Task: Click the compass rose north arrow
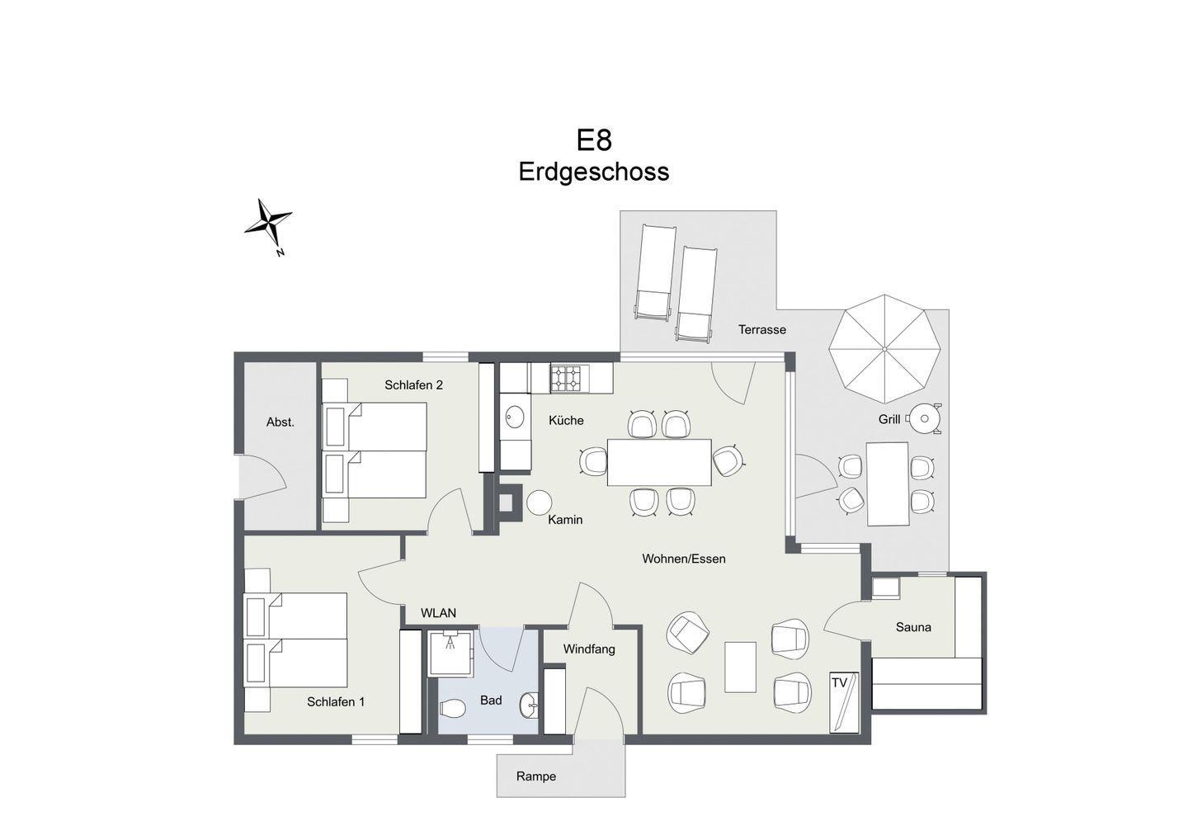click(x=268, y=224)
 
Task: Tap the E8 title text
click(x=594, y=140)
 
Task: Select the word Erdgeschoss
click(x=593, y=172)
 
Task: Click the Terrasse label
click(x=762, y=329)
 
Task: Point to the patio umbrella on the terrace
click(x=884, y=349)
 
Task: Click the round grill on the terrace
click(x=924, y=419)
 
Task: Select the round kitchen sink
click(x=515, y=417)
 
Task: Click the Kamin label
click(x=565, y=520)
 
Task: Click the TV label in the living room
click(x=840, y=682)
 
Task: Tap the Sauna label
click(x=913, y=627)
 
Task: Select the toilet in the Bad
click(x=452, y=707)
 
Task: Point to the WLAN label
click(x=439, y=613)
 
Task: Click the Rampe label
click(x=536, y=776)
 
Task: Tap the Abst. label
click(x=280, y=422)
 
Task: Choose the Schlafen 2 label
click(x=413, y=385)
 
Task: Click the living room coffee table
click(x=740, y=667)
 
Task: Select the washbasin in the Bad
click(x=530, y=706)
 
